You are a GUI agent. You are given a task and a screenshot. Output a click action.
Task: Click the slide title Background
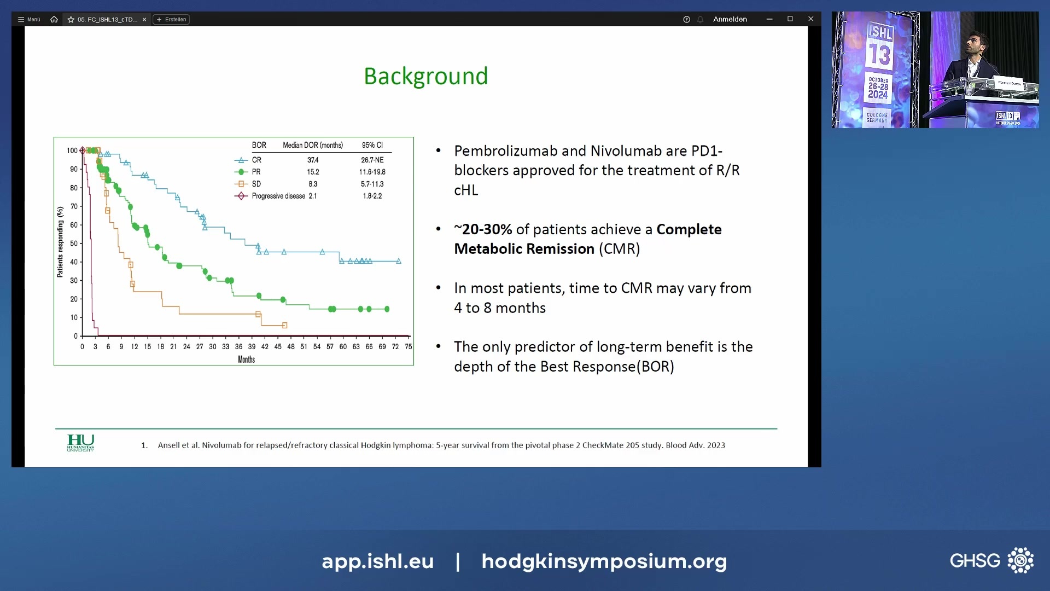click(x=425, y=76)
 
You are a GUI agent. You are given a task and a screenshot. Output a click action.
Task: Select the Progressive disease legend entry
click(x=277, y=196)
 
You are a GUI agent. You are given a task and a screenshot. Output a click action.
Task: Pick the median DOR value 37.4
click(x=313, y=160)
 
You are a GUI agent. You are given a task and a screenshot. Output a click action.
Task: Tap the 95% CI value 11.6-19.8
click(x=372, y=172)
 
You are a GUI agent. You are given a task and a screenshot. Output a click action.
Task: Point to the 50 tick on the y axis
click(x=74, y=244)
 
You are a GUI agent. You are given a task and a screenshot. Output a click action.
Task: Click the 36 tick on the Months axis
click(x=238, y=346)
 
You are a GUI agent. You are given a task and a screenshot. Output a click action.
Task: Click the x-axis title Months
click(x=246, y=360)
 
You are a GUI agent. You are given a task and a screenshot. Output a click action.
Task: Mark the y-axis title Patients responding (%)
click(x=60, y=242)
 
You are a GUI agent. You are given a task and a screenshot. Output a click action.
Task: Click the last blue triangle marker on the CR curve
click(x=399, y=261)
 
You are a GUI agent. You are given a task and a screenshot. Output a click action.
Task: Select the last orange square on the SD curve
click(x=284, y=325)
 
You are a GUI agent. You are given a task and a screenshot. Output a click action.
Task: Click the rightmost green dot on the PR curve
click(x=387, y=309)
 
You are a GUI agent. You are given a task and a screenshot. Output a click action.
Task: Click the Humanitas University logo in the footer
click(x=80, y=443)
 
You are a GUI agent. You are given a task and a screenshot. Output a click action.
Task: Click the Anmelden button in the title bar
click(x=730, y=19)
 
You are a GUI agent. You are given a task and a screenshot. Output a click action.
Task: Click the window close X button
click(x=810, y=19)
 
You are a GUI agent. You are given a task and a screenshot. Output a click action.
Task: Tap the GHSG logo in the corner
click(x=991, y=560)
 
